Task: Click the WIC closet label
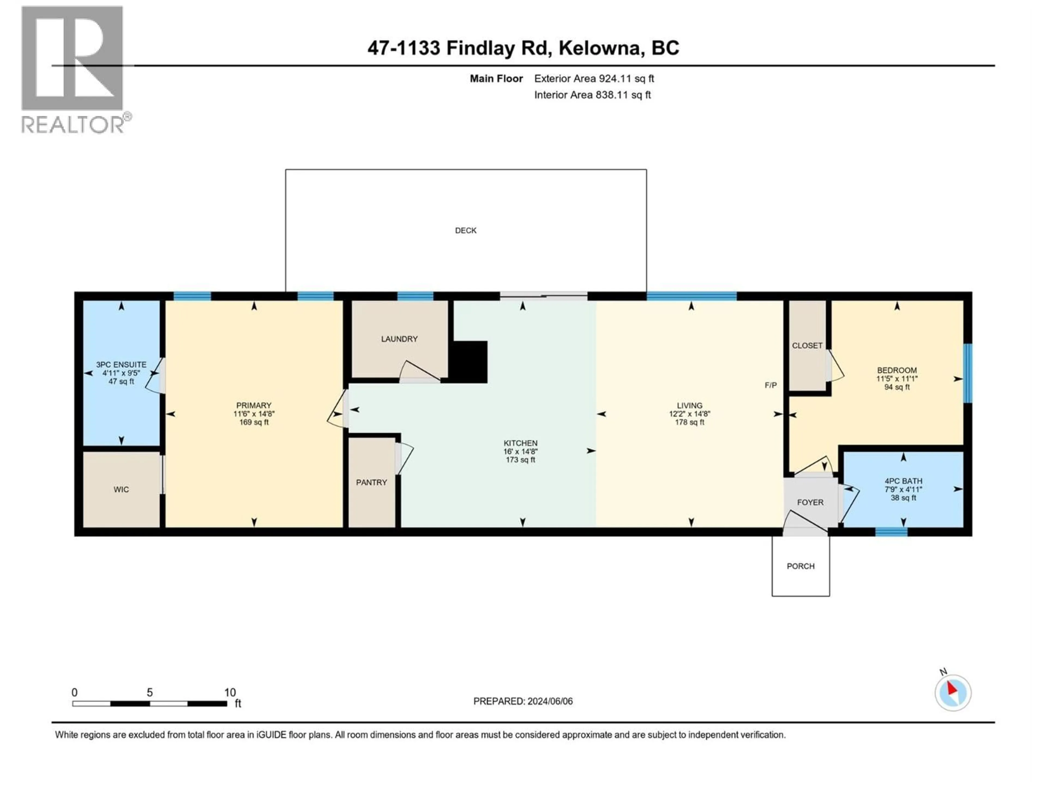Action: click(121, 489)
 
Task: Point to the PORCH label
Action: click(801, 566)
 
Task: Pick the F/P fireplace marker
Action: click(771, 385)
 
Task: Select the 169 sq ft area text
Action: click(254, 422)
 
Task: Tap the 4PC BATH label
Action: click(903, 481)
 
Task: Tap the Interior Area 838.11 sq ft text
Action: click(592, 95)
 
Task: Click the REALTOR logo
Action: click(73, 70)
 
